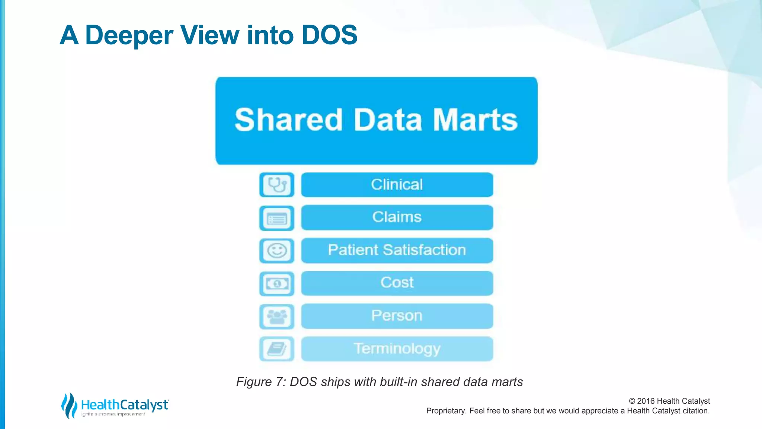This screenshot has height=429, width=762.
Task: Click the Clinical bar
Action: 397,185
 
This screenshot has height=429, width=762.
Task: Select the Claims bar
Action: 397,217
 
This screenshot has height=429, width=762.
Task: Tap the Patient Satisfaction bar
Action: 397,250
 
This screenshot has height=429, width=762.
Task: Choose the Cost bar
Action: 397,283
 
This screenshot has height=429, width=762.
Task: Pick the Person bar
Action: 397,316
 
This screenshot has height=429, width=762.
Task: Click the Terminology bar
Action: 397,349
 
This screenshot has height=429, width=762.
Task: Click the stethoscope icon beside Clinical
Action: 277,185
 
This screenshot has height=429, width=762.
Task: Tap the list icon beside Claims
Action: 277,218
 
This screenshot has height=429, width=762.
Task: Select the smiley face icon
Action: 277,251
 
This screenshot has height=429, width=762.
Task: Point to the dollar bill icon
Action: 277,284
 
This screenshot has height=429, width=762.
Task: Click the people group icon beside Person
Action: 277,317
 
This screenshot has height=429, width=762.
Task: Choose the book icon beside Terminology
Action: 277,349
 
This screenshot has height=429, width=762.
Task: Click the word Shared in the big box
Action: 288,120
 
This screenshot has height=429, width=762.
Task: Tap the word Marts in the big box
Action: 475,120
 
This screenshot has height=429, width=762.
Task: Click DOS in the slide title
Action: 329,35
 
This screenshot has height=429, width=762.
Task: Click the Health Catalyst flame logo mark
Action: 69,405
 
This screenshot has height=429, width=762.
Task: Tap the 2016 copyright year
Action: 646,401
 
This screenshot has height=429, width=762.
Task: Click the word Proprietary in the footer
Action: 446,411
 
